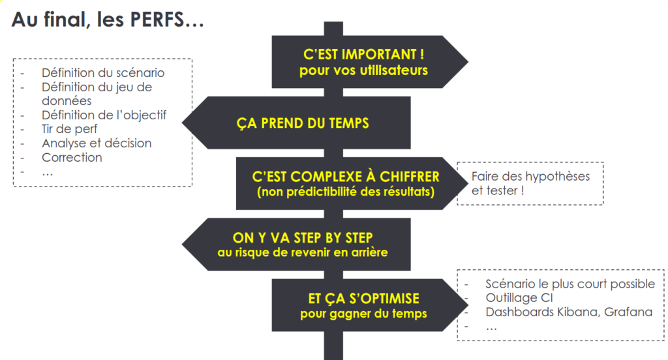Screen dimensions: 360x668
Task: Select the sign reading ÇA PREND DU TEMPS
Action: tap(302, 123)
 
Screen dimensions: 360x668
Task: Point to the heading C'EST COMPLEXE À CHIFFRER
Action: tap(346, 177)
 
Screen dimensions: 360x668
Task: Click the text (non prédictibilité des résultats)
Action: tap(346, 192)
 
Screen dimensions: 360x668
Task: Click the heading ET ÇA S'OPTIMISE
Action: tap(363, 299)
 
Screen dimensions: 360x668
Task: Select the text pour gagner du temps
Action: tap(363, 314)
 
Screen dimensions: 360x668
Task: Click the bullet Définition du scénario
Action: tap(103, 72)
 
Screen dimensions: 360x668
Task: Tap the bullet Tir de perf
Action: tap(69, 129)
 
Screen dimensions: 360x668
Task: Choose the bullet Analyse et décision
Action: tap(97, 143)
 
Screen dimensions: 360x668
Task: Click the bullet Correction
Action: tap(72, 157)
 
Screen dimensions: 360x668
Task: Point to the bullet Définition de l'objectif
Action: tap(104, 115)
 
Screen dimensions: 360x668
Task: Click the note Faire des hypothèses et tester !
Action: tap(530, 183)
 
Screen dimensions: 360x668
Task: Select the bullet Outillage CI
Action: tap(519, 298)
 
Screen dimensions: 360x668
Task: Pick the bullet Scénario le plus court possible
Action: tap(570, 284)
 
